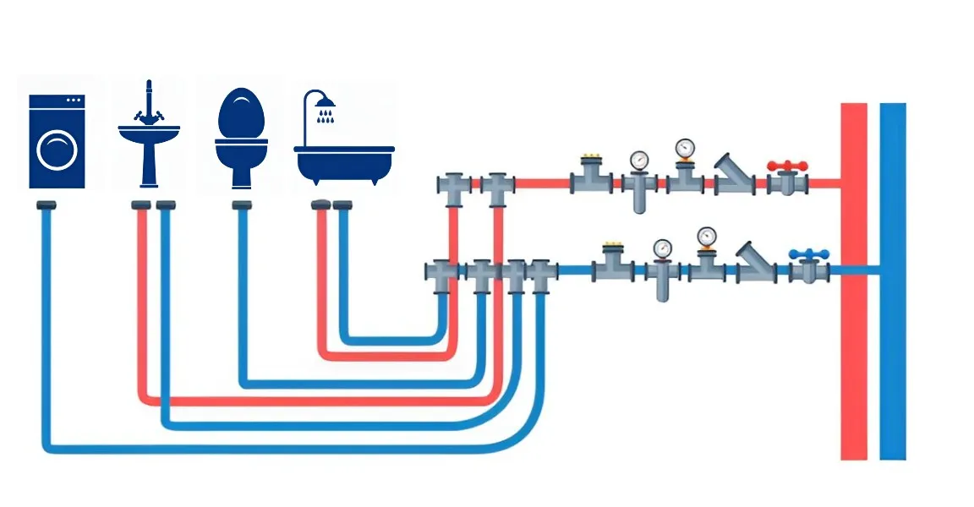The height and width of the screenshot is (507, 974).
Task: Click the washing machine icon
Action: (57, 141)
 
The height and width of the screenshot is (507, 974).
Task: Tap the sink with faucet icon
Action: (149, 139)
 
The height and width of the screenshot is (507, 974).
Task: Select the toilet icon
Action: (241, 137)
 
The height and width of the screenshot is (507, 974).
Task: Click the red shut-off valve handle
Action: (787, 166)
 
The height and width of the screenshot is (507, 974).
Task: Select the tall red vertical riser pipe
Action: (854, 279)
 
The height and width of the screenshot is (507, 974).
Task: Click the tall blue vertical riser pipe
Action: (893, 279)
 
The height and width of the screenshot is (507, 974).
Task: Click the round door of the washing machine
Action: (57, 150)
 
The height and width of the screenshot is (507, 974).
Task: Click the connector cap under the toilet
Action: (242, 205)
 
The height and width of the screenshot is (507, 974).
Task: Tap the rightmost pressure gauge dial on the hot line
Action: (684, 149)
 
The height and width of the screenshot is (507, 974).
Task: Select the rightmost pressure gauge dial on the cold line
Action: (706, 237)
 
